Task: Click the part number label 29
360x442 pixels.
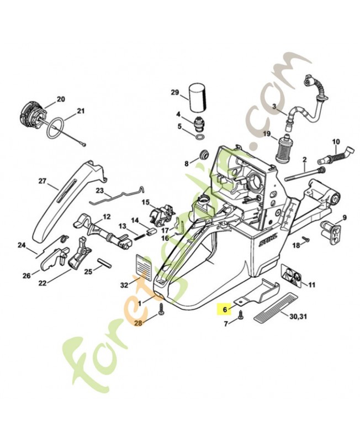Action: pos(175,92)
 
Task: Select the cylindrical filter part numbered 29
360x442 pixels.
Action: pos(197,97)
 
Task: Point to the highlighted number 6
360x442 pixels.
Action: pos(225,310)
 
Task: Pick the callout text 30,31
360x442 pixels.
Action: pos(298,317)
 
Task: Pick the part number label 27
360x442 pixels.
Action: pos(42,181)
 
